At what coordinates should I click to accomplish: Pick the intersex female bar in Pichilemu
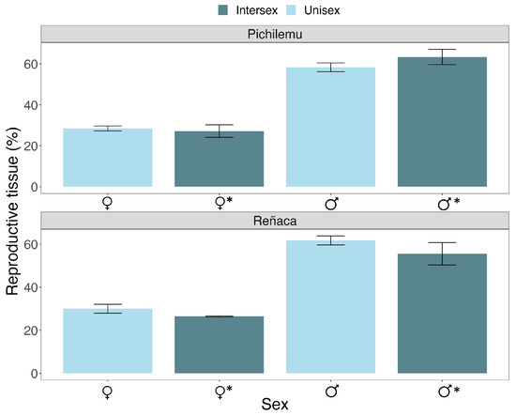[x=220, y=159]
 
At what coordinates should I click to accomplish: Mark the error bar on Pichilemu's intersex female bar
[x=220, y=131]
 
